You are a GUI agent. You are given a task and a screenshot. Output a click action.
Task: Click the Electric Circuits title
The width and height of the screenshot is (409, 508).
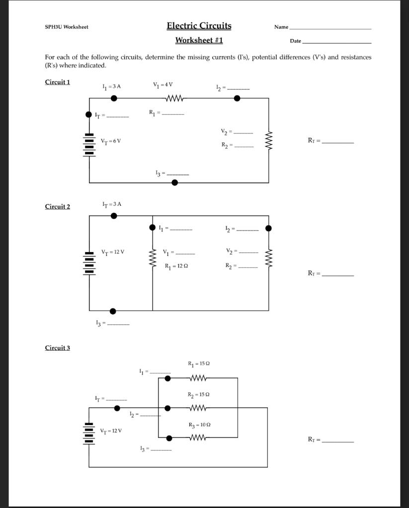pyautogui.click(x=199, y=26)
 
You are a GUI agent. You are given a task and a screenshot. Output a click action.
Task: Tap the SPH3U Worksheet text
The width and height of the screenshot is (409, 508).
pyautogui.click(x=67, y=27)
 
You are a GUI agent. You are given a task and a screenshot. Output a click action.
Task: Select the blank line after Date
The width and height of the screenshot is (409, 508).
pyautogui.click(x=336, y=42)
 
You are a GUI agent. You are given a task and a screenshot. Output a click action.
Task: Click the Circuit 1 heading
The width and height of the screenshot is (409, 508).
pyautogui.click(x=57, y=82)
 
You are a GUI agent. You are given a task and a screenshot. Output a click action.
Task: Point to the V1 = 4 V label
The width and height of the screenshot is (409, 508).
pyautogui.click(x=163, y=85)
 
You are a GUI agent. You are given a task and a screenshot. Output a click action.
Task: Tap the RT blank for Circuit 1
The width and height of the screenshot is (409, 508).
pyautogui.click(x=338, y=142)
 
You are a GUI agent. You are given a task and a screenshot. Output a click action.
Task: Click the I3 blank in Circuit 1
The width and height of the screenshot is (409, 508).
pyautogui.click(x=177, y=174)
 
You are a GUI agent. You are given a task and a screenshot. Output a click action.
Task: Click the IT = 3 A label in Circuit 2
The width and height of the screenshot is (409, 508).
pyautogui.click(x=111, y=204)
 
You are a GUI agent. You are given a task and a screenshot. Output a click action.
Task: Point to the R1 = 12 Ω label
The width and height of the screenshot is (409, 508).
pyautogui.click(x=176, y=266)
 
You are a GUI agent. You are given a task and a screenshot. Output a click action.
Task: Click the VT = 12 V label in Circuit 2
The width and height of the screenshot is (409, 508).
pyautogui.click(x=113, y=252)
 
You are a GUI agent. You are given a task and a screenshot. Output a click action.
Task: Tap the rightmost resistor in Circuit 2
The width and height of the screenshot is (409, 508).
pyautogui.click(x=269, y=257)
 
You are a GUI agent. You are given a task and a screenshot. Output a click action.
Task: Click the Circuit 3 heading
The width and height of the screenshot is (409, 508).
pyautogui.click(x=57, y=348)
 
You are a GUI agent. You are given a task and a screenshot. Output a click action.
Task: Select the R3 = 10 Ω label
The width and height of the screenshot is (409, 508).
pyautogui.click(x=199, y=425)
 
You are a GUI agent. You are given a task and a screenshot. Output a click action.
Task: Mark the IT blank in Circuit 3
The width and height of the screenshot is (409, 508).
pyautogui.click(x=116, y=399)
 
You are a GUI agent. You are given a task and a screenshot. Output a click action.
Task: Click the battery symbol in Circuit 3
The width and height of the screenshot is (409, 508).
pyautogui.click(x=89, y=433)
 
